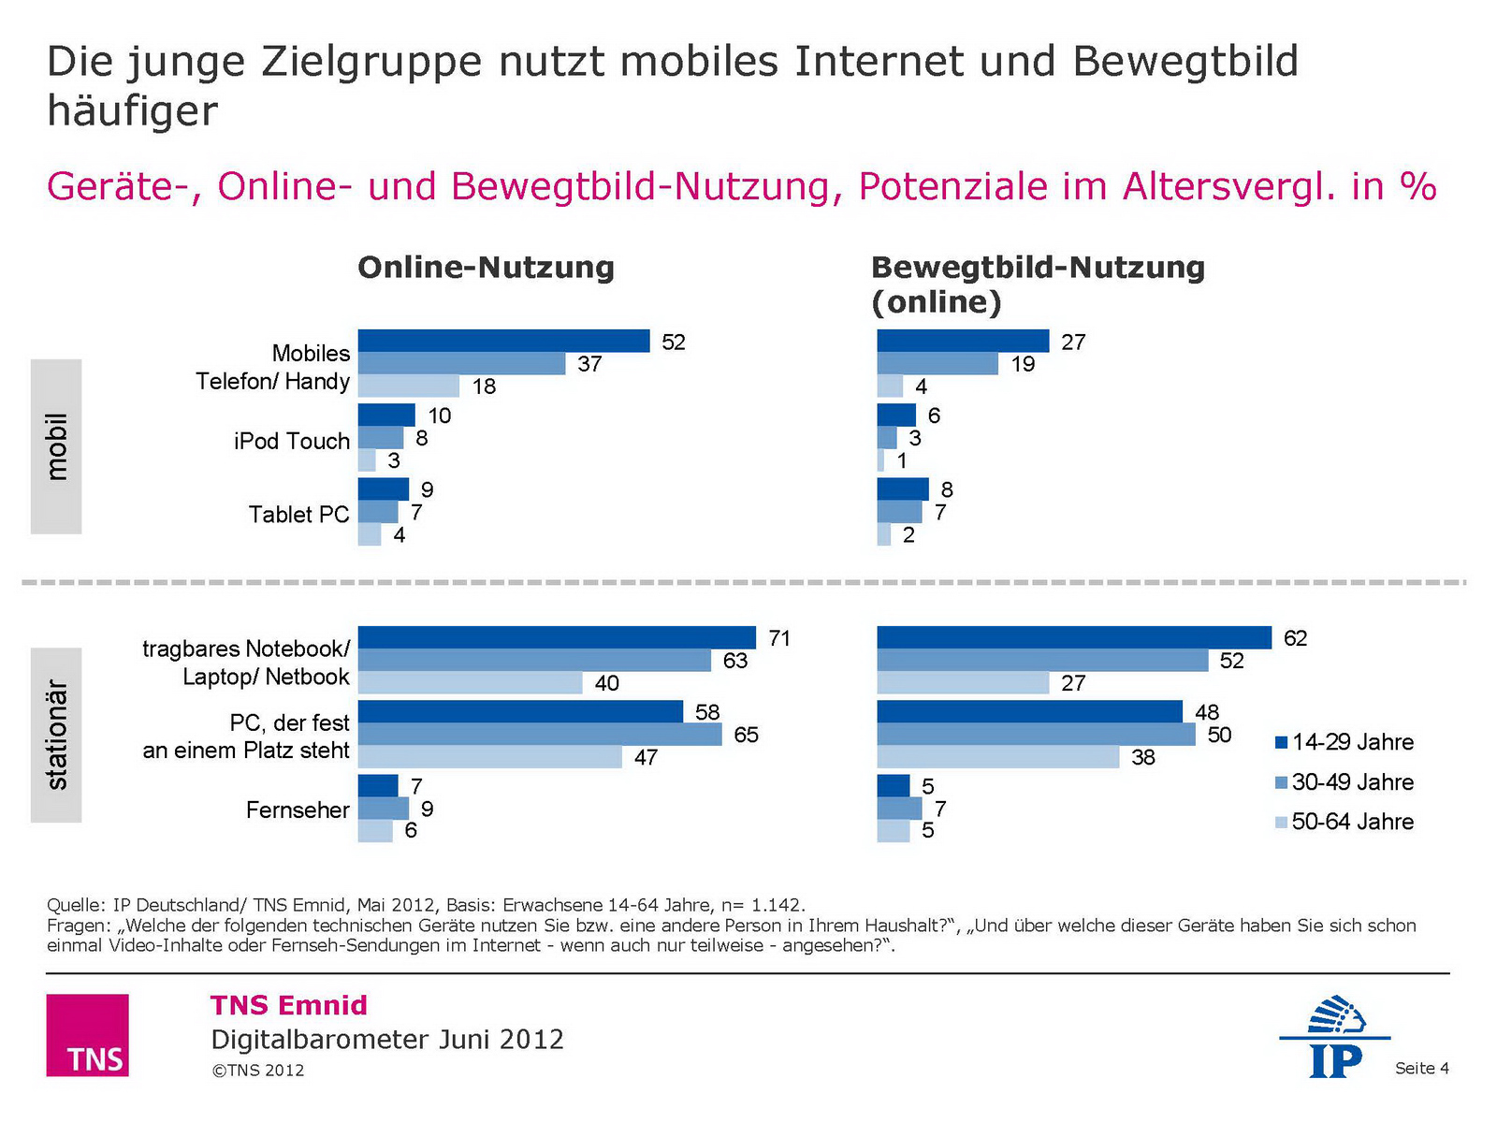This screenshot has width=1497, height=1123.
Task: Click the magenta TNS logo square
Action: (x=87, y=1034)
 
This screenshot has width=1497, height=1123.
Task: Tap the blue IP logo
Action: (x=1335, y=1037)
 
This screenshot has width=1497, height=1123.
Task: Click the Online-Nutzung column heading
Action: (x=486, y=268)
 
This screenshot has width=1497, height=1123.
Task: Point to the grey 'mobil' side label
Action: (x=56, y=446)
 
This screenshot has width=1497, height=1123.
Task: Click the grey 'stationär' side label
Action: (x=56, y=735)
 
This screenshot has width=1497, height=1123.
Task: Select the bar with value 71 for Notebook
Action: (x=557, y=637)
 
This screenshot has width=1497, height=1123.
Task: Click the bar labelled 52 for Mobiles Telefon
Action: (x=503, y=342)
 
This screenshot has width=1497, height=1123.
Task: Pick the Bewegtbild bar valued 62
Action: (x=1074, y=637)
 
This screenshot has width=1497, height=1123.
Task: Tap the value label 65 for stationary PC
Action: (x=746, y=735)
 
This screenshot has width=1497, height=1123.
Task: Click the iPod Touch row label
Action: (x=292, y=441)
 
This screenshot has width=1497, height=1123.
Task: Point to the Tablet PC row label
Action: (x=298, y=515)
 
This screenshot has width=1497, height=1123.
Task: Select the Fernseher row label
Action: (x=298, y=809)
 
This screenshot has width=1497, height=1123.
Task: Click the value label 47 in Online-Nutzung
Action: (x=646, y=757)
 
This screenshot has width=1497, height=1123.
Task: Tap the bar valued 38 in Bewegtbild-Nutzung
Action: (x=997, y=757)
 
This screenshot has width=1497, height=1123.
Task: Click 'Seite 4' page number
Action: (x=1421, y=1068)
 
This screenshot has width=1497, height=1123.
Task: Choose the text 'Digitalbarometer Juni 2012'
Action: (x=387, y=1040)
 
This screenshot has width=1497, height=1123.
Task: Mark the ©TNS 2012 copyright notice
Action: (x=258, y=1071)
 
